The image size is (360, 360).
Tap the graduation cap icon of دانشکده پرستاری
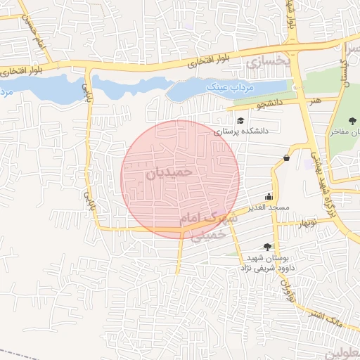click(x=240, y=120)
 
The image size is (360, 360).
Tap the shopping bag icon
click(x=287, y=157)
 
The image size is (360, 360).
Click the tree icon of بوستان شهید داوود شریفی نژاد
click(x=267, y=246)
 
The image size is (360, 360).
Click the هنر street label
click(x=314, y=101)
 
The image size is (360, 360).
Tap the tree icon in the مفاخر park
click(x=352, y=121)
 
